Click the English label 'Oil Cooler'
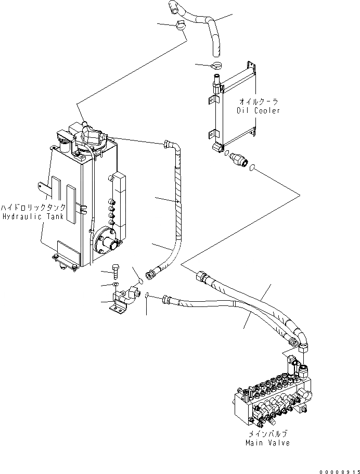(259, 111)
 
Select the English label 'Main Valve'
(267, 443)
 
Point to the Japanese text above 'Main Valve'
(267, 433)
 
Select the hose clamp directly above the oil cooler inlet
(216, 66)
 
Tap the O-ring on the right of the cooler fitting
(252, 168)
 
